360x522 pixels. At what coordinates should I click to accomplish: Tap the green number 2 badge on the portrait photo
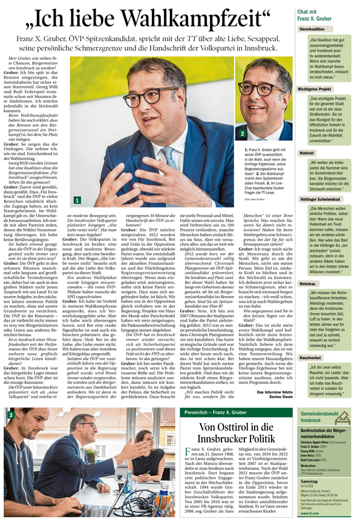[x=243, y=133]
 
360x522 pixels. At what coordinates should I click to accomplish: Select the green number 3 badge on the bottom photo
[x=10, y=416]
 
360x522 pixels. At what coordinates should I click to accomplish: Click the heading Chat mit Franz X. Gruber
[x=316, y=15]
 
